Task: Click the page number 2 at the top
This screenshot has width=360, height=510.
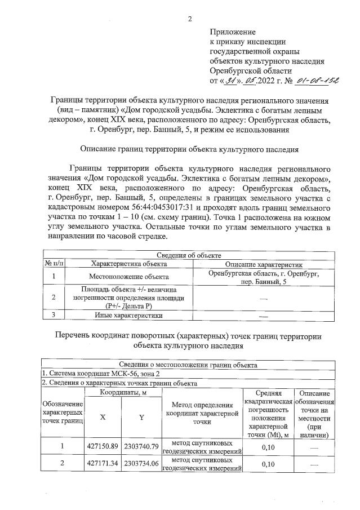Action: (190, 19)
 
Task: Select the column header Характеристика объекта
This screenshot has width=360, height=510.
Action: (129, 264)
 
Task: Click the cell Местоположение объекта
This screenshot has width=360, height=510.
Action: (129, 277)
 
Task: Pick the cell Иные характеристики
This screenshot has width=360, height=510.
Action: (129, 315)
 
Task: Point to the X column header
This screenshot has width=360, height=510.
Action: (103, 418)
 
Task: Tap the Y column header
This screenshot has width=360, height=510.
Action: (141, 418)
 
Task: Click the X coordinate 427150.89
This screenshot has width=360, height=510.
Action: (103, 446)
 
